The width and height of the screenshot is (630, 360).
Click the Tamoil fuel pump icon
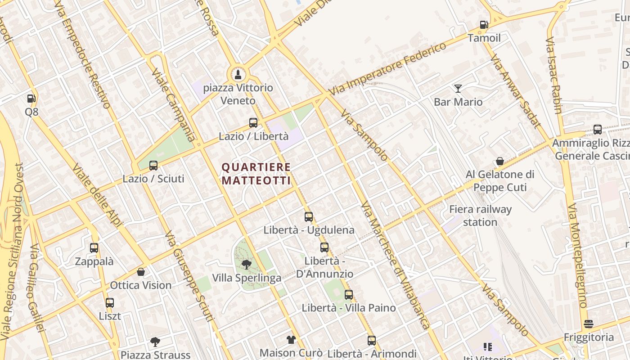484,25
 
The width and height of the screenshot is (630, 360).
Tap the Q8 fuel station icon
31,98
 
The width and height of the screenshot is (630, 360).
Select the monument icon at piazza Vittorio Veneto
238,74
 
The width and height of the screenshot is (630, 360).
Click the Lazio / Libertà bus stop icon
253,122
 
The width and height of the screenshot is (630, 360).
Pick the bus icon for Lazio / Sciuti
153,165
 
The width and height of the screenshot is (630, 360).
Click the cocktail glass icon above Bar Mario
458,88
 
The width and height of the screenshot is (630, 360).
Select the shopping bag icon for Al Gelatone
499,161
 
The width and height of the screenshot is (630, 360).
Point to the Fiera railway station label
481,216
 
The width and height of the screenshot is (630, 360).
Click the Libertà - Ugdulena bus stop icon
309,217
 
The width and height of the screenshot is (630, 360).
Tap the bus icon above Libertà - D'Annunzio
324,247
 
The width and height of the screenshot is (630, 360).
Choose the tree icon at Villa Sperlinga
246,264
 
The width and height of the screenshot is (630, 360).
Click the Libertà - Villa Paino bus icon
349,295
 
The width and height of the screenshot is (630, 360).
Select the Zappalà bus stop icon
94,248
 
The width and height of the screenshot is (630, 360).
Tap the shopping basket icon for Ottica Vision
141,272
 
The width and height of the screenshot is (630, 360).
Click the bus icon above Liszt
110,303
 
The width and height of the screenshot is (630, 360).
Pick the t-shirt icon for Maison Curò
291,339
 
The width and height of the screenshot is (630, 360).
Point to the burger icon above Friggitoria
589,324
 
